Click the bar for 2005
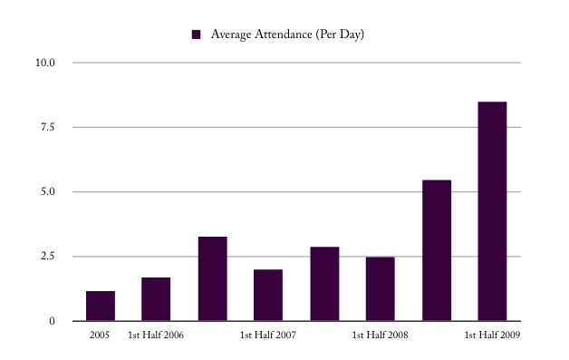(100, 306)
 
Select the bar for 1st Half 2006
(156, 299)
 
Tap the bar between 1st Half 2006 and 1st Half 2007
(212, 278)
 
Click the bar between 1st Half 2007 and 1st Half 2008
(324, 284)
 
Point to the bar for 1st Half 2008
(381, 288)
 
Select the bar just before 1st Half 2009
(437, 250)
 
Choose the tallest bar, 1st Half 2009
(492, 211)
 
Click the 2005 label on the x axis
(100, 336)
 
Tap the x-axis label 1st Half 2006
(156, 336)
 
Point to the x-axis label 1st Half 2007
(268, 336)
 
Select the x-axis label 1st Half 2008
(381, 336)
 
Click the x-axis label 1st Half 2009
(492, 336)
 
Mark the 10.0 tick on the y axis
(45, 63)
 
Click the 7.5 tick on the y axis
(47, 128)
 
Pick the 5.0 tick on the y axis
(47, 192)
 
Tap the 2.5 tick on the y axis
(47, 257)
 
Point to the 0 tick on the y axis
(52, 321)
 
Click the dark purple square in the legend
(196, 34)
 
